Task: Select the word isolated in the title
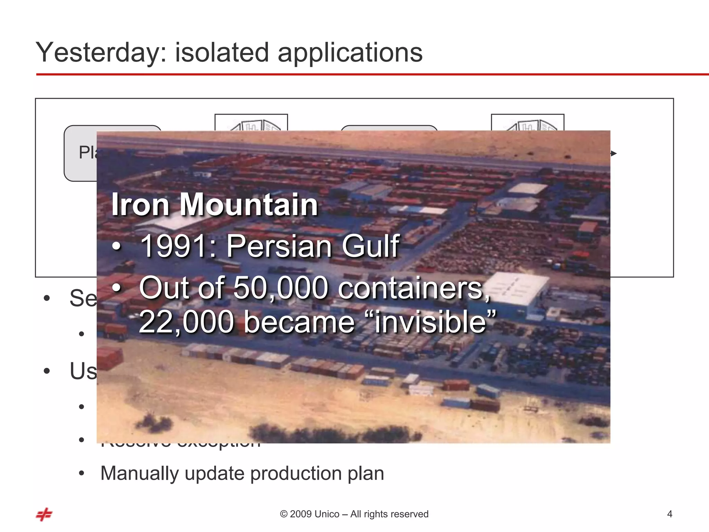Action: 222,53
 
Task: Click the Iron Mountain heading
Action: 215,205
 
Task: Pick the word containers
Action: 414,288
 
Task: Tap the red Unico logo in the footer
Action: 44,514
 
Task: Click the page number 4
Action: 670,514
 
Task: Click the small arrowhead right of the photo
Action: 613,153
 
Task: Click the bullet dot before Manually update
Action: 81,473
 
